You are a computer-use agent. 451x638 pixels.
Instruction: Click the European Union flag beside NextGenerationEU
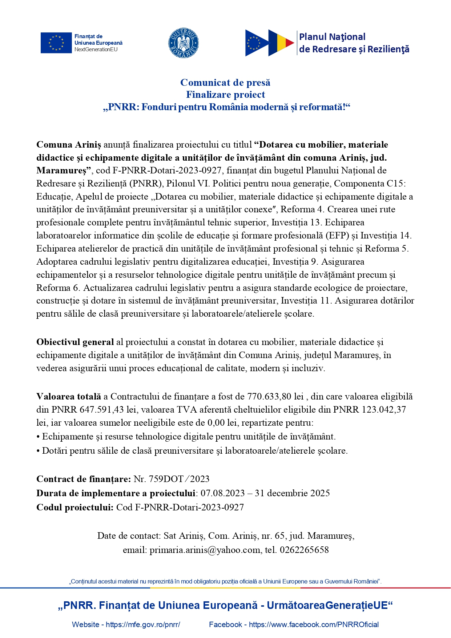(x=56, y=43)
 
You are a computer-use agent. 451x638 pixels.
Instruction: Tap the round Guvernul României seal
(x=184, y=43)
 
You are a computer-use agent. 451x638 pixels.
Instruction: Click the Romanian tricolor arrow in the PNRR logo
(x=281, y=43)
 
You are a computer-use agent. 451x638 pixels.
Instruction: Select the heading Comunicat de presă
(x=225, y=83)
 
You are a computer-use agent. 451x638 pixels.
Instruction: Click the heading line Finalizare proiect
(x=225, y=95)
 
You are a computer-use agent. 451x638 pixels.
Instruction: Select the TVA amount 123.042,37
(x=384, y=409)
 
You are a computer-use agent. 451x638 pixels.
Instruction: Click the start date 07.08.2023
(x=222, y=493)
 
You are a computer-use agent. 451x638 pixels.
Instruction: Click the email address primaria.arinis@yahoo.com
(x=205, y=550)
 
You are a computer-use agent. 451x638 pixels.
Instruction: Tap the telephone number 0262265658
(x=305, y=550)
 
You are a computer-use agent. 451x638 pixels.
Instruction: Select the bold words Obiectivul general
(x=75, y=342)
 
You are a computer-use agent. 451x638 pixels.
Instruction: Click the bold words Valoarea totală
(x=69, y=396)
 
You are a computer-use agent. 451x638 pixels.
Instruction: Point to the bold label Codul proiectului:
(x=75, y=507)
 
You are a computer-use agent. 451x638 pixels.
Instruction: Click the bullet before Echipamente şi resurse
(x=38, y=437)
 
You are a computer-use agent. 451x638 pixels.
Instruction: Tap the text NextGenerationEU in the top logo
(x=96, y=49)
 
